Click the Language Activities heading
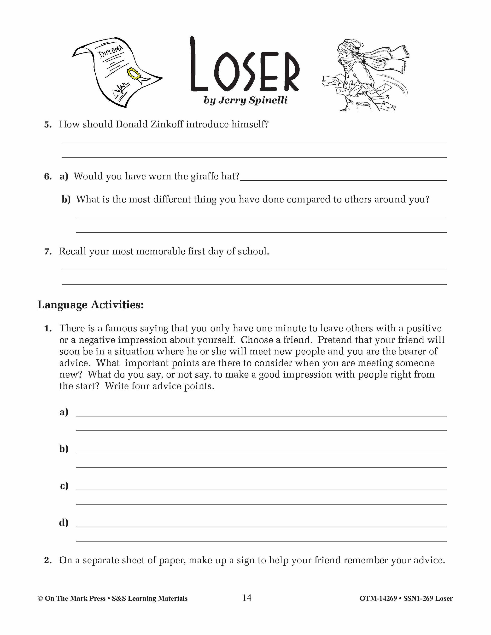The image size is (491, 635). point(90,305)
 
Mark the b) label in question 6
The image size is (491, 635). point(66,199)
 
